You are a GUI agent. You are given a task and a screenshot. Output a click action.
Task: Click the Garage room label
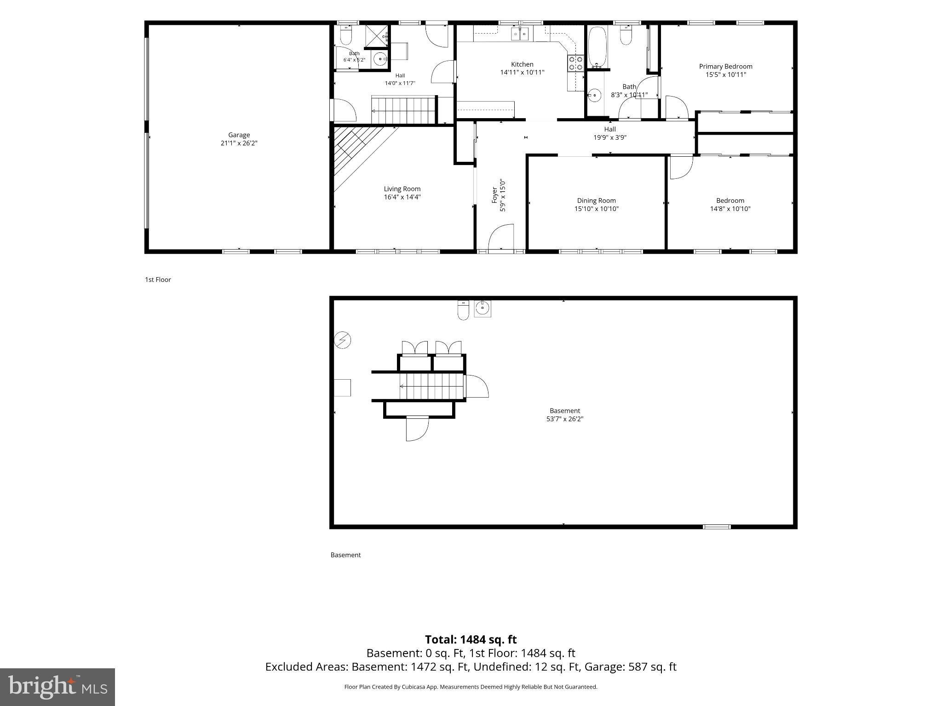(239, 135)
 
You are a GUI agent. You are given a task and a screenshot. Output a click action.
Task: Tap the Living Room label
(402, 189)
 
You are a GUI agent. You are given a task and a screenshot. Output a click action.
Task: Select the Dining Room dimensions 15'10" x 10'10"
(596, 209)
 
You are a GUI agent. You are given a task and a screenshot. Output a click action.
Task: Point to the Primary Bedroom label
(726, 67)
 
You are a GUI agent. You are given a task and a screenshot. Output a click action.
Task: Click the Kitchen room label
(522, 64)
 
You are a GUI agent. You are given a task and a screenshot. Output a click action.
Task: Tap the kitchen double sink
(521, 33)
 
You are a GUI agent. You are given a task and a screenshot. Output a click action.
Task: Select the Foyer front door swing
(500, 237)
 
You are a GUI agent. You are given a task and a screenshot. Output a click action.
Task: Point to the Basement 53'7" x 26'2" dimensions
(564, 419)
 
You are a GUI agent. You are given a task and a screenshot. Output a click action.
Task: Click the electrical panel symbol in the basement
(343, 340)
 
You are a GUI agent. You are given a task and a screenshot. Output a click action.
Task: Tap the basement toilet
(463, 310)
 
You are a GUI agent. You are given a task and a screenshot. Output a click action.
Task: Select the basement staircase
(432, 386)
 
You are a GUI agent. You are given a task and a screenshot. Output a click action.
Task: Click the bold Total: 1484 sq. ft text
(471, 639)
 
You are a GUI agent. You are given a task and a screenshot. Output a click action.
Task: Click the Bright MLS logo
(57, 687)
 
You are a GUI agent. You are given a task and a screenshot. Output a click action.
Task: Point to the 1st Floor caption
(158, 279)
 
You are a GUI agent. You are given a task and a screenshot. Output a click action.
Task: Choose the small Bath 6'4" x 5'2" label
(354, 57)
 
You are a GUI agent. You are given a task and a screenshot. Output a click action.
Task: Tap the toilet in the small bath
(345, 35)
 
